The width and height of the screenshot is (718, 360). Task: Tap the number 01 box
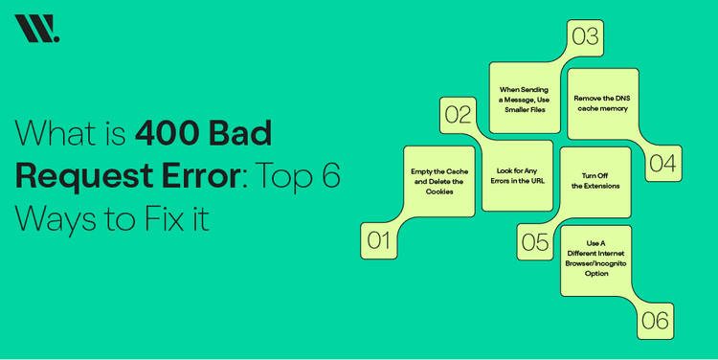(x=379, y=240)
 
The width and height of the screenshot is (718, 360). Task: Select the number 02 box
(x=459, y=114)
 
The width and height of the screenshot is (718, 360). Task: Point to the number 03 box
(x=585, y=37)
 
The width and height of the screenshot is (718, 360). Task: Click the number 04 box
(x=662, y=163)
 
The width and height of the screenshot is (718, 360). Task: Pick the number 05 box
(x=535, y=241)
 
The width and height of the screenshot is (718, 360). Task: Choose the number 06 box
(x=655, y=321)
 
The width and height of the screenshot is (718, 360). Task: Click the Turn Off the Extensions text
(x=595, y=180)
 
